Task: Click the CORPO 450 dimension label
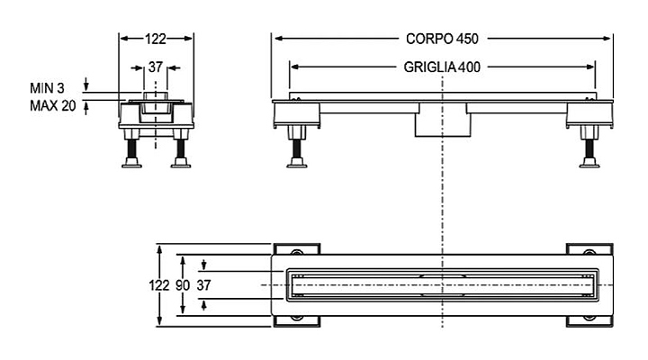click(x=442, y=39)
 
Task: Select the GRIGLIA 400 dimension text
click(x=442, y=67)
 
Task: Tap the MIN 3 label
click(x=47, y=88)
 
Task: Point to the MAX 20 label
click(x=53, y=106)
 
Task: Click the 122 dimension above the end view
click(x=156, y=39)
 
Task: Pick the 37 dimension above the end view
click(x=156, y=67)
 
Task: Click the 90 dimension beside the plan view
click(x=182, y=285)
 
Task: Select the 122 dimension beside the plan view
click(x=159, y=285)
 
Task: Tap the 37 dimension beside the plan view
click(x=203, y=285)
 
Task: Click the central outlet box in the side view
click(x=443, y=120)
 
